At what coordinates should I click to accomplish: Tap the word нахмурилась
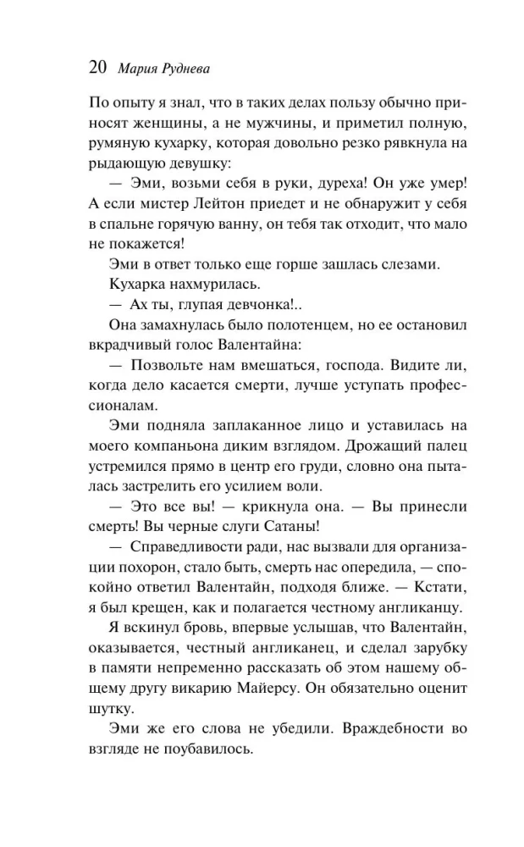(x=209, y=286)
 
